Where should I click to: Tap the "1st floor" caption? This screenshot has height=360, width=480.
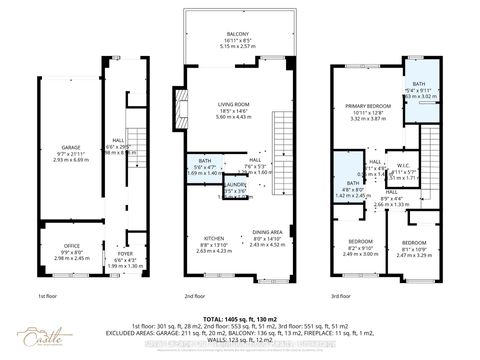(x=49, y=297)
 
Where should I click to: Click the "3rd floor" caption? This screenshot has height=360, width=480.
(x=343, y=297)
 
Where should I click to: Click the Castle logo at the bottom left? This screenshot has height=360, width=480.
(x=39, y=334)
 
